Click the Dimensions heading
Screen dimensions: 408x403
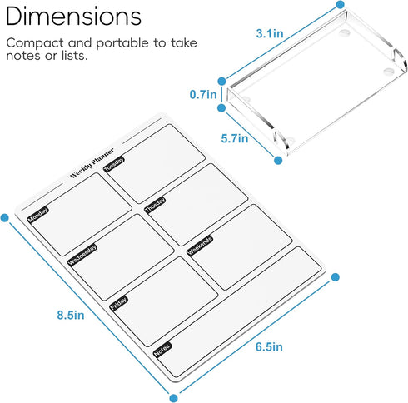(x=73, y=17)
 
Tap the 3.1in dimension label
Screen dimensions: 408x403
(x=270, y=33)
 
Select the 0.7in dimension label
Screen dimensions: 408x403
(x=203, y=95)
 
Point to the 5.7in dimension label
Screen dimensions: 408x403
(x=235, y=138)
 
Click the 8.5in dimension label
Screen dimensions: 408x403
(x=71, y=315)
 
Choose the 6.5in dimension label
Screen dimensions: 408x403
(x=269, y=347)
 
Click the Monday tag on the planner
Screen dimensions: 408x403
(x=38, y=215)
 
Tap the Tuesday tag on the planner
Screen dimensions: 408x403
(x=114, y=164)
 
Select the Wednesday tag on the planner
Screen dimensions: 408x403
(x=82, y=255)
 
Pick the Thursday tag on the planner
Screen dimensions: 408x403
(x=155, y=205)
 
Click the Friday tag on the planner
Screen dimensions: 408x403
(x=119, y=303)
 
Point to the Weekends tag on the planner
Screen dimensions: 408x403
(x=200, y=246)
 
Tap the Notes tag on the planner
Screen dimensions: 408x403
(x=162, y=350)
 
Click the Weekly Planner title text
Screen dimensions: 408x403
(x=92, y=163)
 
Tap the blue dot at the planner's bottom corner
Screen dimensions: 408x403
(x=173, y=398)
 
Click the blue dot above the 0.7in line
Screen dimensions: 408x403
(x=221, y=82)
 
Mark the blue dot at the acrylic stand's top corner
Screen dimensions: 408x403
(x=340, y=4)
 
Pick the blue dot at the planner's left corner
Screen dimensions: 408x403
(x=5, y=218)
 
